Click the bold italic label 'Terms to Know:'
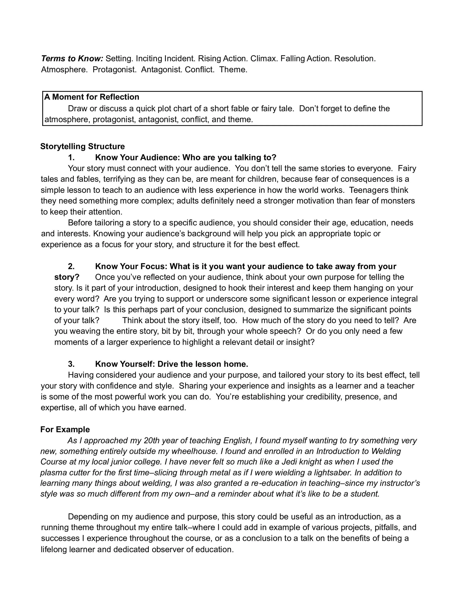click(x=72, y=59)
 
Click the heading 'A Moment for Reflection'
click(x=92, y=97)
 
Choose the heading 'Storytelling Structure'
click(x=82, y=146)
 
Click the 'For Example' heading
click(x=65, y=429)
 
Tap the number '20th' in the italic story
click(x=151, y=441)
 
